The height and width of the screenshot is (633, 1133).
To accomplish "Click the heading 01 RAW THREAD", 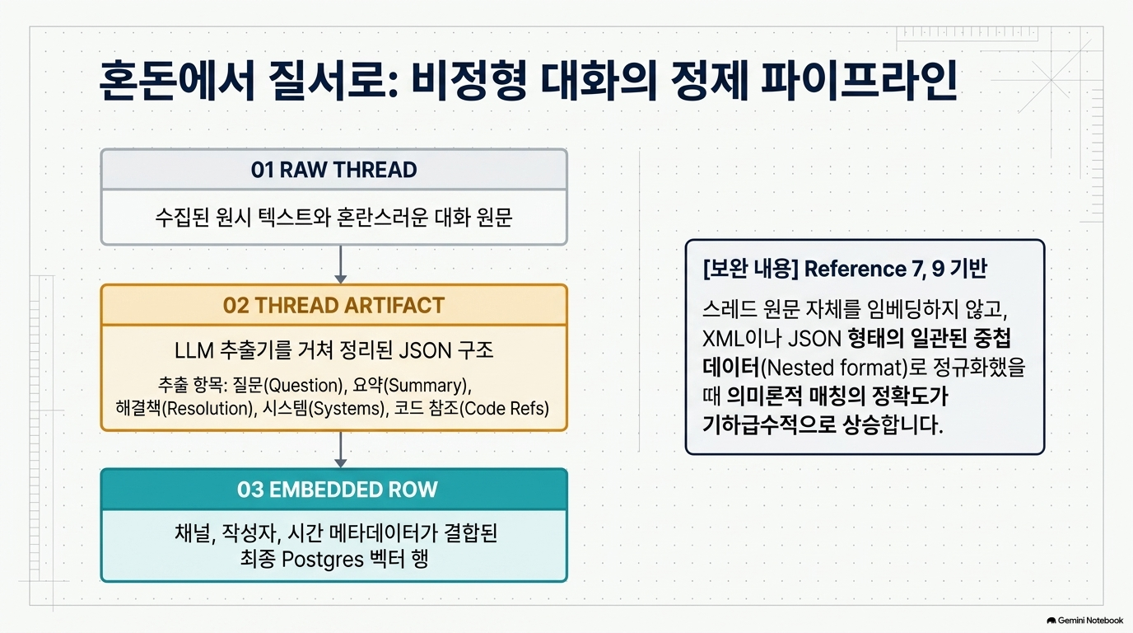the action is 333,170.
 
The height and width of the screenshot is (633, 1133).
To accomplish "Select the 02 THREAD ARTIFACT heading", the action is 333,305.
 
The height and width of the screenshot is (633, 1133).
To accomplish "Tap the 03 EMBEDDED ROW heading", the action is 338,490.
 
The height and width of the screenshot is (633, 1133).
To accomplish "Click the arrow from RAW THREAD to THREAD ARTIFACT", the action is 340,265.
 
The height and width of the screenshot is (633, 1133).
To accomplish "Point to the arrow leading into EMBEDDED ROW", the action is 340,450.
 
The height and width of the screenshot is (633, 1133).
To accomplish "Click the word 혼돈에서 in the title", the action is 176,81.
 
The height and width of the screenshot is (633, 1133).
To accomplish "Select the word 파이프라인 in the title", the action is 859,81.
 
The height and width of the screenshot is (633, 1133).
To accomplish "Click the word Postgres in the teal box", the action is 322,560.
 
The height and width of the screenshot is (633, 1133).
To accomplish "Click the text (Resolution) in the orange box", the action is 207,409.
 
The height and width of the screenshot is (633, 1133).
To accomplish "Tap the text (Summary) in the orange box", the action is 427,386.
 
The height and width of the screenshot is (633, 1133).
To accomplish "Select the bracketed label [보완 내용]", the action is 751,269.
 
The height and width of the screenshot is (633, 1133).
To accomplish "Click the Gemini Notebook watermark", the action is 1084,621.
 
